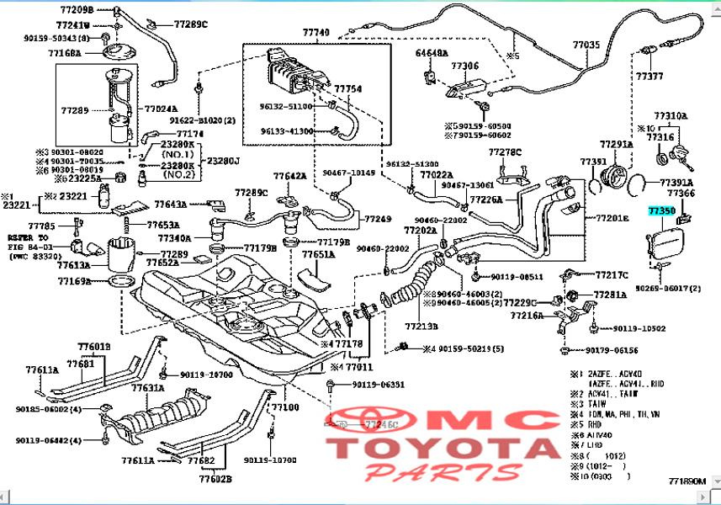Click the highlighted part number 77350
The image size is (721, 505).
(660, 213)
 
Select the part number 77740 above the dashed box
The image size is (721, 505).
(315, 32)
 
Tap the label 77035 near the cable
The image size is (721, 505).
(586, 45)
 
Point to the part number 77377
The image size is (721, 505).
(649, 76)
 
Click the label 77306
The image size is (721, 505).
(464, 65)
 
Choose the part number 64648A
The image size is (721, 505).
(432, 53)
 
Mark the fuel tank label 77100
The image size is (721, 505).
(285, 407)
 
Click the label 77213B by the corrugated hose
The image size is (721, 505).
(421, 326)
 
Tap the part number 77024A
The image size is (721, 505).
(162, 109)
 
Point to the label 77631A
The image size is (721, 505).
(147, 388)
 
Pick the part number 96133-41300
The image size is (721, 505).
(286, 131)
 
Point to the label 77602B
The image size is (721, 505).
(215, 479)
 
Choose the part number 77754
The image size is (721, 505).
(347, 88)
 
